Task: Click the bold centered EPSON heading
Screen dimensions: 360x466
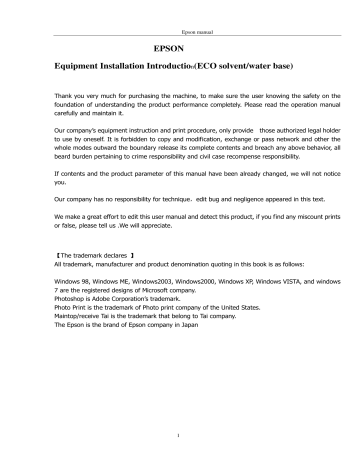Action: (x=180, y=48)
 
